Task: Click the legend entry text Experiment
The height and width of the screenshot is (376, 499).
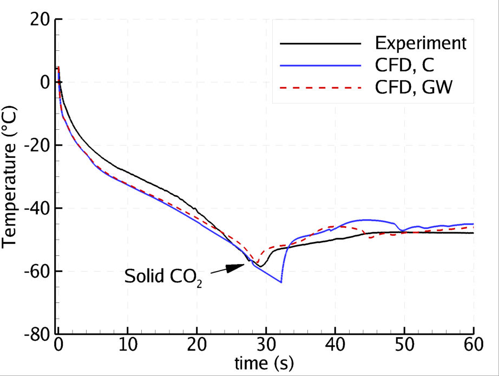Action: coord(421,43)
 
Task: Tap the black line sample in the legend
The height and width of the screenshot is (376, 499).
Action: coord(320,43)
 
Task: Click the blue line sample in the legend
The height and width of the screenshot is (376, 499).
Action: coord(320,65)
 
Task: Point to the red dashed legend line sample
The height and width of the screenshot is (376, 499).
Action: coord(320,88)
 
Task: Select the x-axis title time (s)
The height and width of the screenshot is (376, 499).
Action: coord(265,364)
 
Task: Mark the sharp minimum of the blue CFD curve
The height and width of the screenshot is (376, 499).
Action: coord(281,282)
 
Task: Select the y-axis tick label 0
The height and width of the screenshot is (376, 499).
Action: coord(43,82)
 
